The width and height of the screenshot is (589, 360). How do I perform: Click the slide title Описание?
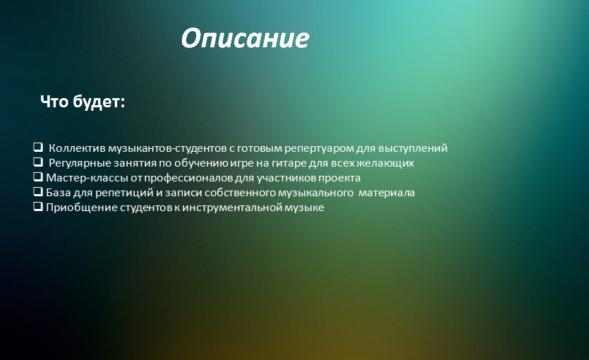click(245, 39)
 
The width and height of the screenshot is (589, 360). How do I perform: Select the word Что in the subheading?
click(54, 102)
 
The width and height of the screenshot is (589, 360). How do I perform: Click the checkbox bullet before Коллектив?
click(38, 147)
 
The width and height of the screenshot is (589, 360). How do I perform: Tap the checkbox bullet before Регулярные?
click(38, 162)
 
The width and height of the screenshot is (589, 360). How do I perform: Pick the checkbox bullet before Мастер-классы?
click(38, 176)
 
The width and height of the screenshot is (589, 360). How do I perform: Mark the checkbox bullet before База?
click(38, 192)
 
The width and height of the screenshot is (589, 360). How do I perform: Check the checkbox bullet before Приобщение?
click(38, 206)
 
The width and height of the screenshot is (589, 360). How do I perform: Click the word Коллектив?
click(77, 148)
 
